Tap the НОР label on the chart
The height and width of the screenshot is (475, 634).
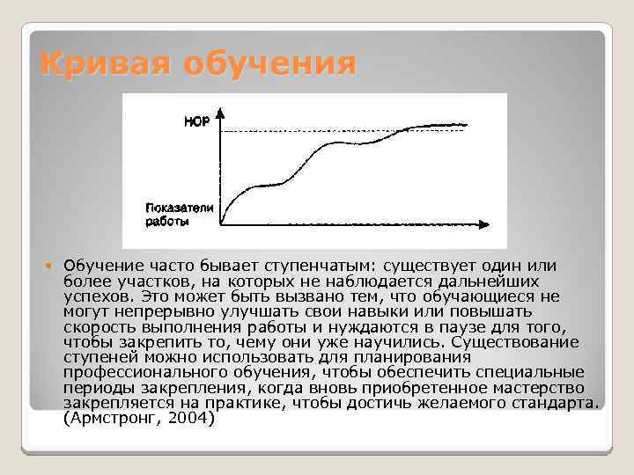click(196, 122)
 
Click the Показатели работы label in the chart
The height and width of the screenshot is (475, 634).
click(179, 214)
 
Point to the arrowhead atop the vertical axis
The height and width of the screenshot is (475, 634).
click(220, 113)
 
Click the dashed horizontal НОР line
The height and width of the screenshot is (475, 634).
click(308, 131)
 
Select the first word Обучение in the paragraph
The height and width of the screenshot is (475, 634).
click(100, 266)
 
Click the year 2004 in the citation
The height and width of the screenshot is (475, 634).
click(190, 419)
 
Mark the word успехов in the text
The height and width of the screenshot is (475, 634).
click(92, 296)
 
